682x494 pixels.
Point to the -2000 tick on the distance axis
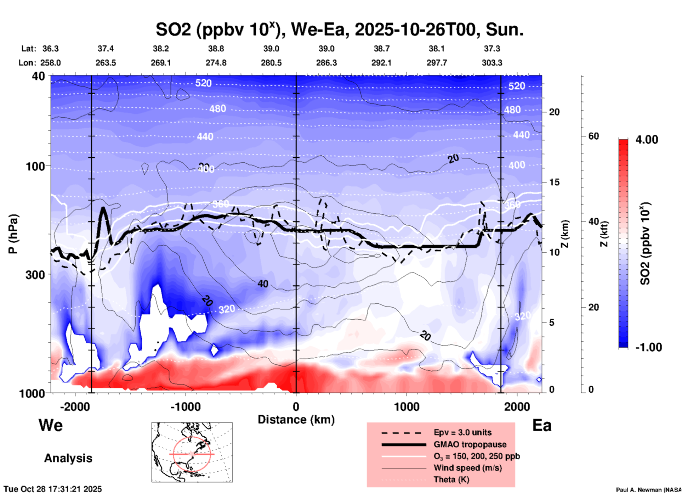click(x=75, y=406)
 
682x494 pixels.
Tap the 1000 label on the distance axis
click(x=406, y=406)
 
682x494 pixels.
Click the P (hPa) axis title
click(x=13, y=234)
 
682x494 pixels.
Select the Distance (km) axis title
click(x=296, y=420)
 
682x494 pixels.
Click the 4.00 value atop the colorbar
click(x=647, y=140)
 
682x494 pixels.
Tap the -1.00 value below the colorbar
click(x=648, y=347)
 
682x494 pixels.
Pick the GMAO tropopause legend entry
click(x=470, y=444)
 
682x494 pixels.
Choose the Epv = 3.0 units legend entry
click(x=462, y=432)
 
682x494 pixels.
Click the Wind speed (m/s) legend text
click(x=467, y=468)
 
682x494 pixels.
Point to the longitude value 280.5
click(x=271, y=63)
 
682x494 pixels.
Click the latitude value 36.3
click(x=50, y=49)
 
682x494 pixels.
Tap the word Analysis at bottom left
click(x=68, y=458)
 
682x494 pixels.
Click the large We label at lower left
click(x=51, y=425)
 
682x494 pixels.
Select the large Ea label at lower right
click(x=542, y=425)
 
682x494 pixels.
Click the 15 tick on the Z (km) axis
click(x=554, y=182)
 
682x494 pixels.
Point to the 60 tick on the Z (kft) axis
click(x=593, y=136)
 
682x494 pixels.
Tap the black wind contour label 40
click(x=263, y=284)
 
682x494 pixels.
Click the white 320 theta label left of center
click(x=227, y=309)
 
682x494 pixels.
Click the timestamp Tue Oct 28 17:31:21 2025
click(x=53, y=489)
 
